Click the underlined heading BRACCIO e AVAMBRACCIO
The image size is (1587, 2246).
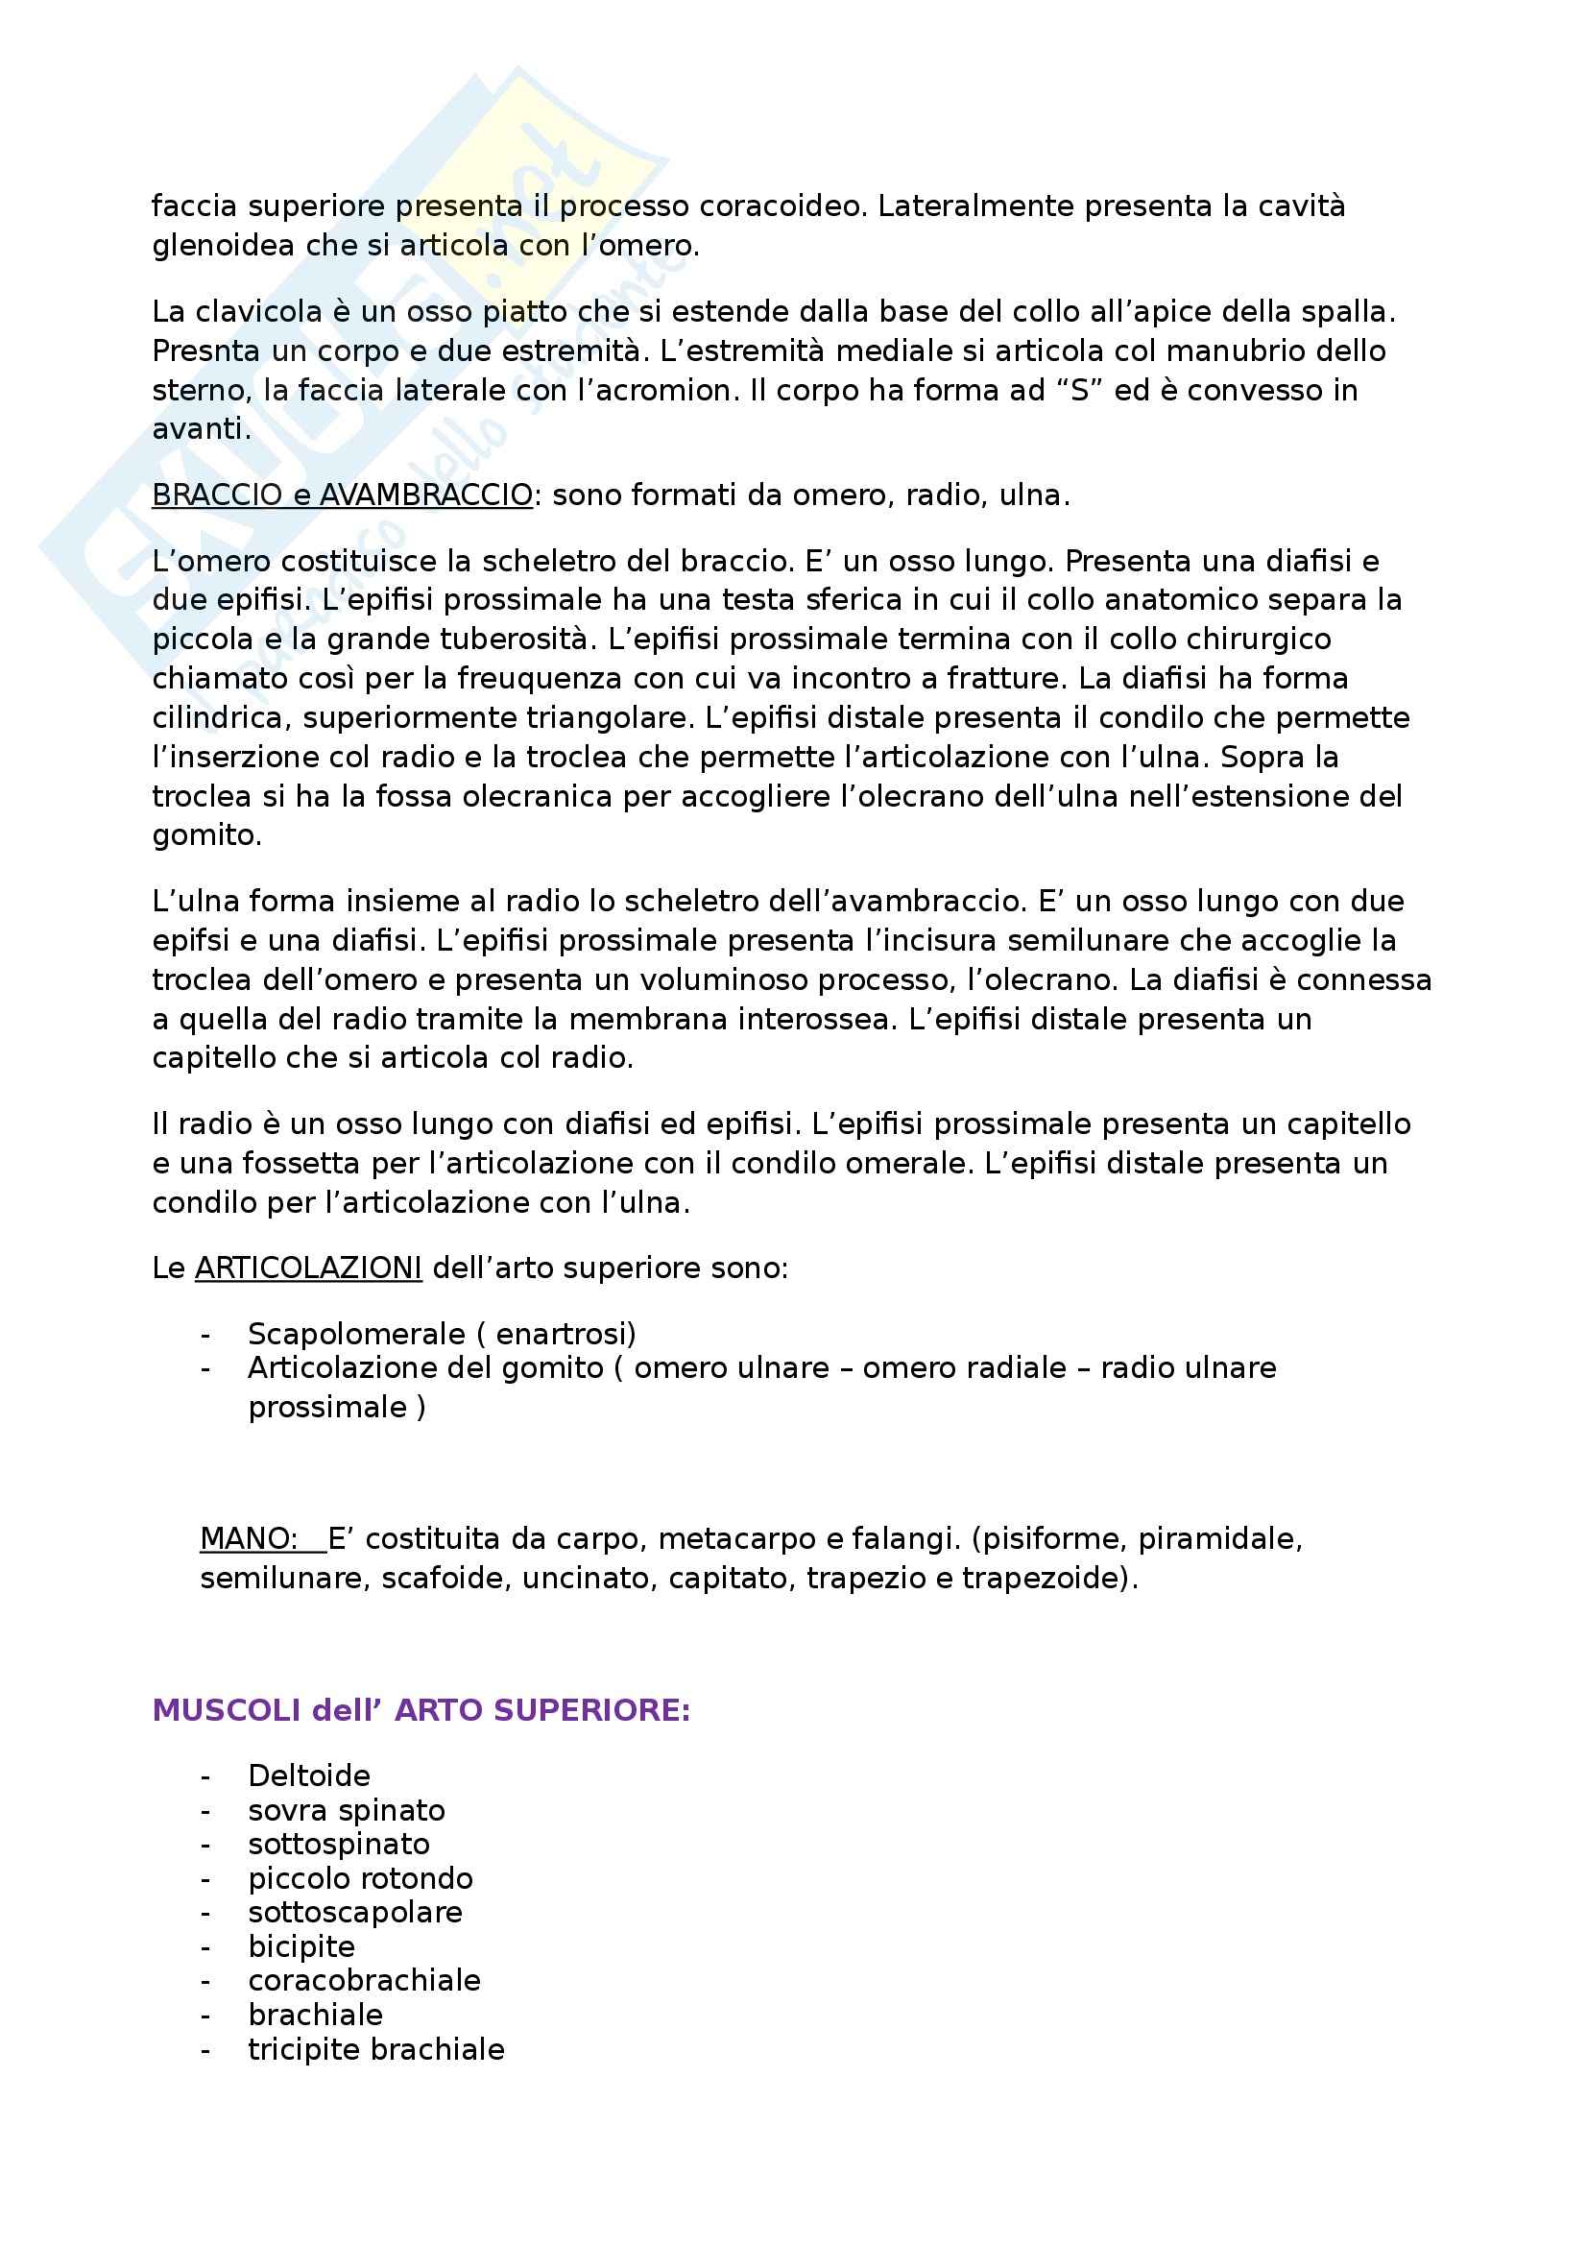pyautogui.click(x=342, y=495)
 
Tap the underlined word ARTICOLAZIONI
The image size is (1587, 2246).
pyautogui.click(x=308, y=1268)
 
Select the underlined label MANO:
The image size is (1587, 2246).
pyautogui.click(x=249, y=1538)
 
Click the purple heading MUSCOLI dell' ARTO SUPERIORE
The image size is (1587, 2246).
pyautogui.click(x=421, y=1710)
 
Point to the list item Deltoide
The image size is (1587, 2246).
pyautogui.click(x=309, y=1775)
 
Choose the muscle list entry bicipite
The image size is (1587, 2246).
pyautogui.click(x=301, y=1946)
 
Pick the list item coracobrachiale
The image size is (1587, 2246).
pyautogui.click(x=364, y=1980)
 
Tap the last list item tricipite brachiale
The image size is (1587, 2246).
pyautogui.click(x=376, y=2048)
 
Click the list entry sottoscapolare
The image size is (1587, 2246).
pyautogui.click(x=355, y=1912)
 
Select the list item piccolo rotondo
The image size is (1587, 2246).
pyautogui.click(x=360, y=1878)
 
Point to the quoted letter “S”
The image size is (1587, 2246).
pyautogui.click(x=1079, y=390)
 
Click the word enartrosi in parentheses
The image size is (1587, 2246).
pyautogui.click(x=565, y=1334)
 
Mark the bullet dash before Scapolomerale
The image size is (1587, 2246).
pyautogui.click(x=205, y=1335)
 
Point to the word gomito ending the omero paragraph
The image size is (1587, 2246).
pyautogui.click(x=205, y=835)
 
